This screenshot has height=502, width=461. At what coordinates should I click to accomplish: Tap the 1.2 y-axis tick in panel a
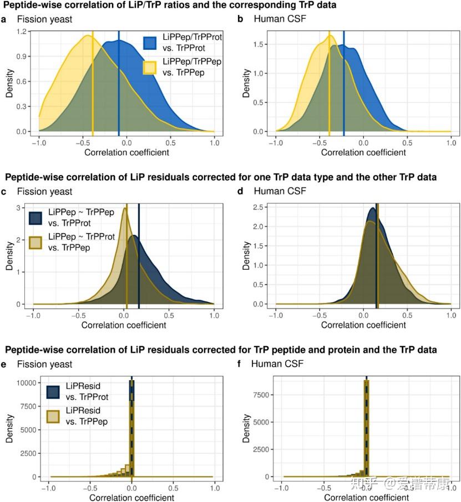point(21,32)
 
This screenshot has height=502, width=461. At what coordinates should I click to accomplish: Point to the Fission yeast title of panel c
point(44,192)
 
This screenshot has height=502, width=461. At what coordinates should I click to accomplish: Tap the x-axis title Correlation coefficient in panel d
point(363,325)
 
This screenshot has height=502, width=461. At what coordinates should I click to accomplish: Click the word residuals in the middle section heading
point(155,177)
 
